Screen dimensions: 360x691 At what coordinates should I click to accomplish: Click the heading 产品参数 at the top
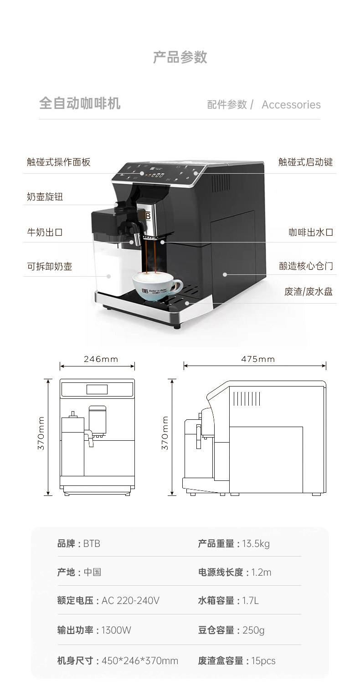click(x=180, y=57)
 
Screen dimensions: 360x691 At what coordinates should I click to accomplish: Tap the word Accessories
click(x=291, y=104)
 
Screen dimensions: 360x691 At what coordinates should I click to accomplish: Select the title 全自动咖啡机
click(x=80, y=103)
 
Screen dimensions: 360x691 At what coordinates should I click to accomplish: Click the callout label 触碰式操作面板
click(x=59, y=162)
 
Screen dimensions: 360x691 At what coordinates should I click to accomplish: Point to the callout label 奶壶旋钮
click(x=45, y=196)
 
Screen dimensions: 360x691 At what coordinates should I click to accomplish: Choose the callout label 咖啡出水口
click(x=311, y=232)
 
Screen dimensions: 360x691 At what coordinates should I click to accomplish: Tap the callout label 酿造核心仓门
click(x=306, y=266)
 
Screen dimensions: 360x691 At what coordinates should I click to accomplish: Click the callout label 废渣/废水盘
click(x=309, y=292)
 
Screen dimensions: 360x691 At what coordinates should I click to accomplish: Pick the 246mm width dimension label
click(x=101, y=359)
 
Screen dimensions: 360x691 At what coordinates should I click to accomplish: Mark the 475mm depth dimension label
click(x=258, y=359)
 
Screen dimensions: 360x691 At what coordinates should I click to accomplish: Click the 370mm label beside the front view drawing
click(x=41, y=433)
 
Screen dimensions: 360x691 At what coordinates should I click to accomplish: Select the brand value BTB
click(x=92, y=543)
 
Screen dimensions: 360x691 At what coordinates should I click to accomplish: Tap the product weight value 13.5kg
click(x=256, y=543)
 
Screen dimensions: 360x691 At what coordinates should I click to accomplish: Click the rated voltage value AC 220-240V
click(x=130, y=601)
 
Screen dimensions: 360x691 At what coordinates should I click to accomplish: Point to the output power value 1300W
click(x=116, y=630)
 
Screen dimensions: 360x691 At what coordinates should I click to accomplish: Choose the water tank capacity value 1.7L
click(x=251, y=601)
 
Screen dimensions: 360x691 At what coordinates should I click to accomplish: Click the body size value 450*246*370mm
click(x=140, y=661)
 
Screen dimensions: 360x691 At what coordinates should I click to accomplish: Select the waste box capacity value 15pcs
click(x=263, y=661)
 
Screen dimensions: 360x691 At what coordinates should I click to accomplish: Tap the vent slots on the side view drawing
click(x=247, y=398)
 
